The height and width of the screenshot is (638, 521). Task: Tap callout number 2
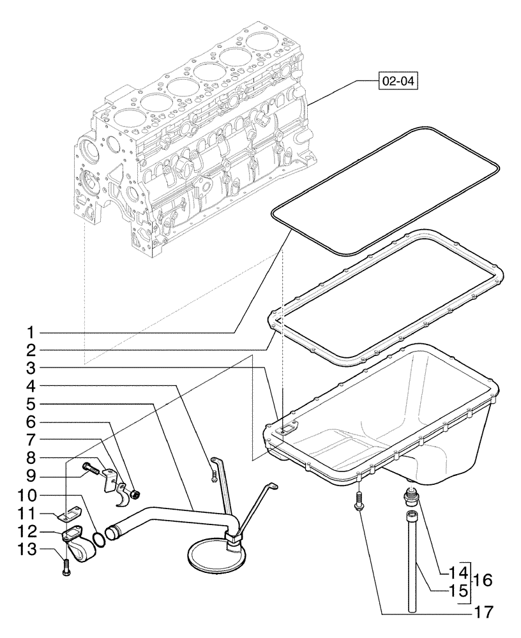tap(30, 350)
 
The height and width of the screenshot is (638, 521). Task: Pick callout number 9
tap(30, 475)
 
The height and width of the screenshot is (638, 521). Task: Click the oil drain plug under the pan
tap(409, 494)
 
